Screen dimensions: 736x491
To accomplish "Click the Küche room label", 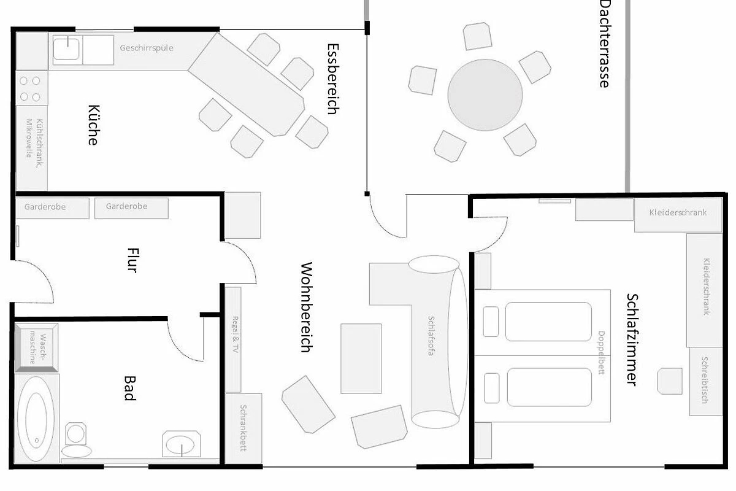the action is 94,125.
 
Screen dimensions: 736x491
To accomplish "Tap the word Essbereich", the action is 333,79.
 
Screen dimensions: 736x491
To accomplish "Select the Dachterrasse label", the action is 605,44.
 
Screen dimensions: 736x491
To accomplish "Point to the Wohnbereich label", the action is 307,307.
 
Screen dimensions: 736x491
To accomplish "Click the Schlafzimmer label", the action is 632,339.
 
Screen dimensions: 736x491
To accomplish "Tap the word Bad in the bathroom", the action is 130,388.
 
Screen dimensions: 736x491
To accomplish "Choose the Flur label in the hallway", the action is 133,260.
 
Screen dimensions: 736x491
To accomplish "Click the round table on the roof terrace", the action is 485,95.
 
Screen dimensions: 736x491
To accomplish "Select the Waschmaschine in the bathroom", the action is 36,348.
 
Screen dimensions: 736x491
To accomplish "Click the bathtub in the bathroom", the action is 36,419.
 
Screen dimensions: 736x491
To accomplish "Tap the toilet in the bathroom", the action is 76,440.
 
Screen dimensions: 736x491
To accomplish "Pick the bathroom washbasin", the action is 182,444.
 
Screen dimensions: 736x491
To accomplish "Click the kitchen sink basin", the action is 67,49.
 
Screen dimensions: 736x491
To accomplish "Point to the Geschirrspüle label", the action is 147,48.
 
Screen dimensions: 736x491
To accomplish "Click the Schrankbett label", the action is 243,428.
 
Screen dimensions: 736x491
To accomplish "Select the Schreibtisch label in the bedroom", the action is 705,380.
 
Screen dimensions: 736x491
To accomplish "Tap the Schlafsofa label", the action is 431,336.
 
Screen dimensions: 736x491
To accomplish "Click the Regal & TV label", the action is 236,334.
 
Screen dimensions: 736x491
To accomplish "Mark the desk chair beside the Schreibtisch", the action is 670,381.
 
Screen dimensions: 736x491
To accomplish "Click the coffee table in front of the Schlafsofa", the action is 361,359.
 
